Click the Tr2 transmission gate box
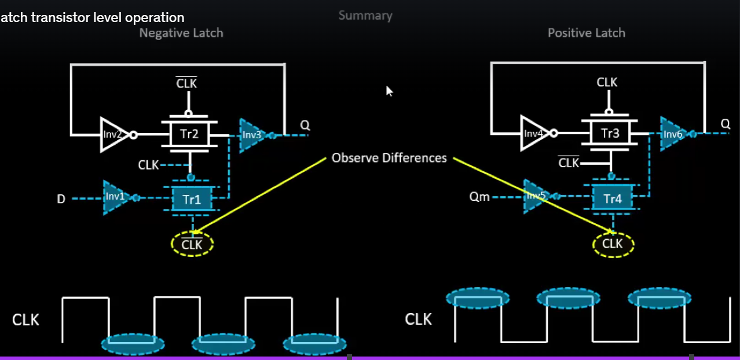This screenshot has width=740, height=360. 189,135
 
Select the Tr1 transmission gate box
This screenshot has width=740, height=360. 192,200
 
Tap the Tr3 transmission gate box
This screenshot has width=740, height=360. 610,134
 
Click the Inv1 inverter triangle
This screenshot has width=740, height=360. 116,197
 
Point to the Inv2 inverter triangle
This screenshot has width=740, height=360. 113,135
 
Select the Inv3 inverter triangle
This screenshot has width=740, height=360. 253,135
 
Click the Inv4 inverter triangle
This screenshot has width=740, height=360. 534,134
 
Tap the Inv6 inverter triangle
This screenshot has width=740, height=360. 674,134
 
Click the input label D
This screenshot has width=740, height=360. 61,199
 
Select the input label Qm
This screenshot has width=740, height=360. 479,197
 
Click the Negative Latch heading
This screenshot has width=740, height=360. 181,33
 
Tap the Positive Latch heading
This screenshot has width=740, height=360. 586,33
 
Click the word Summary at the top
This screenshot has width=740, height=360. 365,16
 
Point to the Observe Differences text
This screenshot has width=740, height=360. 389,158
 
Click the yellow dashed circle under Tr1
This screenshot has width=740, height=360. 192,244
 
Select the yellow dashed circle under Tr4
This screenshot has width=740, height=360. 613,244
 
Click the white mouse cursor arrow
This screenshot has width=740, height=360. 389,91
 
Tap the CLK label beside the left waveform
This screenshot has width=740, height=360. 25,319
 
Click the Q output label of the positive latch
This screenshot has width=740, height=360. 725,124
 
